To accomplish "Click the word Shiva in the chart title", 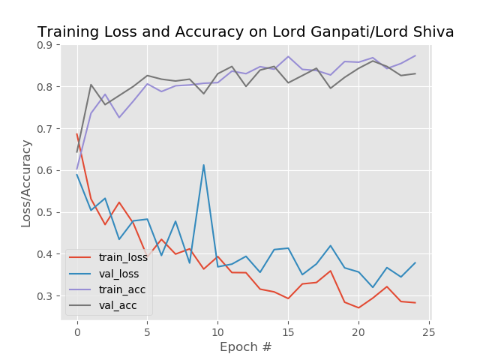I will tap(430, 32).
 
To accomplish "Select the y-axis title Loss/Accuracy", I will tap(26, 182).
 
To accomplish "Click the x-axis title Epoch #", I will tap(246, 347).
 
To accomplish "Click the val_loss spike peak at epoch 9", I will tap(203, 165).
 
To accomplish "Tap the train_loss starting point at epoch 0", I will tap(76, 134).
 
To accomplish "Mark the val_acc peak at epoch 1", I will tap(91, 85).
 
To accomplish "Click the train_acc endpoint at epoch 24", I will tap(415, 55).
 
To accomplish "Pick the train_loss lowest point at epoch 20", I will tap(358, 307).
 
